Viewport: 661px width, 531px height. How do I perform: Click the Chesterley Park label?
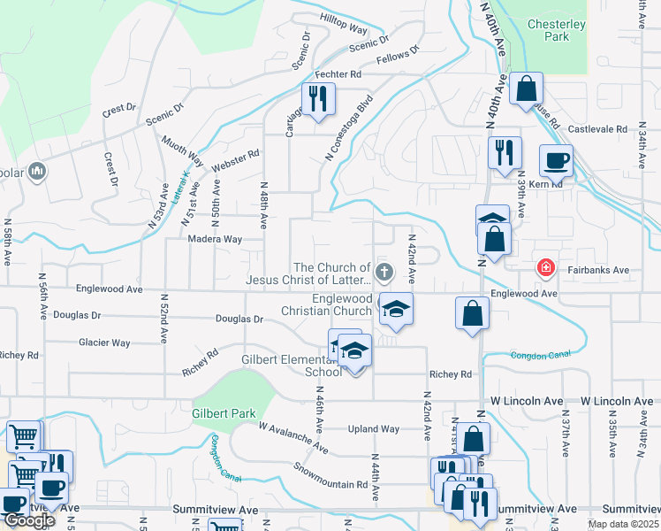[556, 32]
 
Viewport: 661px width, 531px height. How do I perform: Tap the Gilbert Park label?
[218, 413]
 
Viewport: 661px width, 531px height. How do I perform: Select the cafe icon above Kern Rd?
[556, 161]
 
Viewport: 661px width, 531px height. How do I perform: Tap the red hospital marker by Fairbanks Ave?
[546, 266]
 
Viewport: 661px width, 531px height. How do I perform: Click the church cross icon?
[384, 270]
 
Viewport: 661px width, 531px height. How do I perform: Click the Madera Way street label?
[214, 239]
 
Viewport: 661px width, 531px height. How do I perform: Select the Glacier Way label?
[105, 342]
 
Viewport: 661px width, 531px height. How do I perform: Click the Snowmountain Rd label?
[330, 476]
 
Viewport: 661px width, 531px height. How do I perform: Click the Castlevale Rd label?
[597, 129]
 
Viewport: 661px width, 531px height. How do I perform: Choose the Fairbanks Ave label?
[598, 269]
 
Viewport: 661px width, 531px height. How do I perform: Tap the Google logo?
[28, 519]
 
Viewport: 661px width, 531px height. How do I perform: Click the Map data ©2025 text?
[622, 524]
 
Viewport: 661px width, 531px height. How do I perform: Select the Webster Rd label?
[234, 161]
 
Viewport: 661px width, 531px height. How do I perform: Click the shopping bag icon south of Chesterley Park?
[526, 88]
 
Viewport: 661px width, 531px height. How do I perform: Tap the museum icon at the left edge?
[37, 171]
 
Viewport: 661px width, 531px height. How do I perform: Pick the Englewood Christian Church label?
[327, 305]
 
